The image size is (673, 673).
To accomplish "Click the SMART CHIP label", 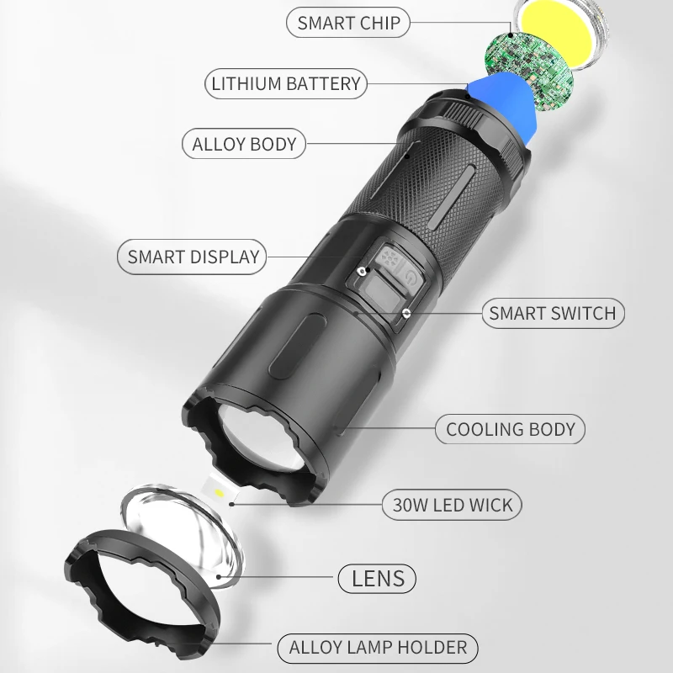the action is tap(348, 23).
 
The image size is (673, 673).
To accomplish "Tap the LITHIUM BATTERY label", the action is tap(286, 83).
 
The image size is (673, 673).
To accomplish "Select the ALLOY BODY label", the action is tap(244, 144).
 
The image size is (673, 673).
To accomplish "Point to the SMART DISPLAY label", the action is tap(192, 257).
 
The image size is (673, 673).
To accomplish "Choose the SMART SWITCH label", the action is tap(553, 313).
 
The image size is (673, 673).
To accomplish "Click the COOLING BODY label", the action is tap(511, 429).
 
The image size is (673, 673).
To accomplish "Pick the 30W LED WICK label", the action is tap(452, 505).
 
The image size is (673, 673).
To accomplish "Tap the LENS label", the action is tap(377, 579).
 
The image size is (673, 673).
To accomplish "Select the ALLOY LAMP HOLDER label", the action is tap(378, 648).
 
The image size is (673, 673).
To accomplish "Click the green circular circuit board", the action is tap(529, 71).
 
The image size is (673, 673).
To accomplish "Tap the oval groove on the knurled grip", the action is tap(451, 199).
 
